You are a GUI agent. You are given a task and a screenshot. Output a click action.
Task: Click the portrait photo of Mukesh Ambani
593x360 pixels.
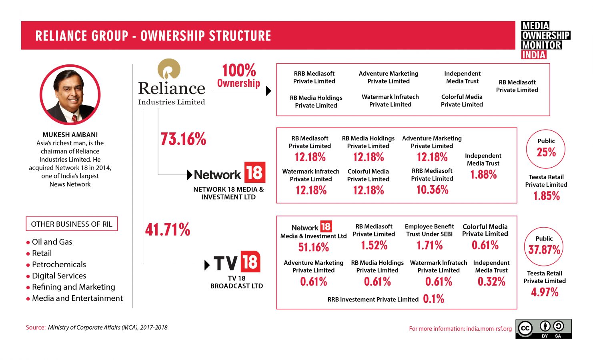click(x=70, y=95)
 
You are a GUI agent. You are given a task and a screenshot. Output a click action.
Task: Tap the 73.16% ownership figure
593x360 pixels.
click(x=183, y=139)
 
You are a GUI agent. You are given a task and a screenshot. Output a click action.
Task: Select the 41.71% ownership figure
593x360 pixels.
click(x=168, y=230)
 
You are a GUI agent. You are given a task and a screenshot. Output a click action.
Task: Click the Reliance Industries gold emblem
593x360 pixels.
click(x=169, y=70)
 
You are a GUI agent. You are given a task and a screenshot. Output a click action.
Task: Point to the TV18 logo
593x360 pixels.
click(x=237, y=262)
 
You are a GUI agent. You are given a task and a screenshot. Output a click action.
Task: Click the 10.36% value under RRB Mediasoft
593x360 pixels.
click(x=432, y=190)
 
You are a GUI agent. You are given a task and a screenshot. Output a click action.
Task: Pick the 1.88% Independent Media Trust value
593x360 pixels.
click(x=483, y=174)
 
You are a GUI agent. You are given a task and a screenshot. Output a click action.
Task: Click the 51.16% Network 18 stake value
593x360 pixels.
click(x=313, y=247)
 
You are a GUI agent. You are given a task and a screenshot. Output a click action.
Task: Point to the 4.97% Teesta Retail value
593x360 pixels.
click(x=545, y=292)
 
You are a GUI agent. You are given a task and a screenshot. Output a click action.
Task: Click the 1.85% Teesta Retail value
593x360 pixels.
click(x=546, y=196)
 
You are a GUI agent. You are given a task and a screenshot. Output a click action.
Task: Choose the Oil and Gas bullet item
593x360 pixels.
click(x=52, y=242)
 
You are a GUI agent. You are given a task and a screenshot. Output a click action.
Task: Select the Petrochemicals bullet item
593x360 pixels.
click(x=59, y=264)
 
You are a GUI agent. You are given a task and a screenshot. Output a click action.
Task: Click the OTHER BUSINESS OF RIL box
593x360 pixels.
click(x=72, y=224)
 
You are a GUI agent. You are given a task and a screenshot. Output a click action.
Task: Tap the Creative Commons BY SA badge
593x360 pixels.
click(x=543, y=329)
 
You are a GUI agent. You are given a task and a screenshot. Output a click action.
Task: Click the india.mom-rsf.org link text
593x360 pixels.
click(x=489, y=329)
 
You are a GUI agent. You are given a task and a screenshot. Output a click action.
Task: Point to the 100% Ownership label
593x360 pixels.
click(x=238, y=76)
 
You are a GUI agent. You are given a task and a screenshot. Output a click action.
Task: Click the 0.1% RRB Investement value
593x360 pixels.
click(x=433, y=299)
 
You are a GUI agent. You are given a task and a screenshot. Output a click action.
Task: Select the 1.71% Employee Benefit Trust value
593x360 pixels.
click(x=429, y=245)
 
